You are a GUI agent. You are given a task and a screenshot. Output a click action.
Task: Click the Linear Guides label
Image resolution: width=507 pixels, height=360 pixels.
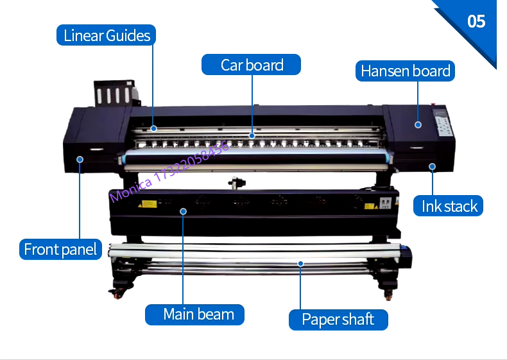[x=107, y=35]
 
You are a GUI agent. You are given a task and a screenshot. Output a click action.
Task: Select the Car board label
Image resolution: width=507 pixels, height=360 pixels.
[x=252, y=65]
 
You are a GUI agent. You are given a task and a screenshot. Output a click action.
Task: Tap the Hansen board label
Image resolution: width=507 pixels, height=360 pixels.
[x=405, y=71]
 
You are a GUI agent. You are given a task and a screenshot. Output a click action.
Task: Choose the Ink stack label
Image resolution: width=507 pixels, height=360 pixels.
[x=449, y=206]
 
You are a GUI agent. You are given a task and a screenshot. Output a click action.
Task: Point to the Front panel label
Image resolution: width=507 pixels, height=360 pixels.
[x=60, y=249]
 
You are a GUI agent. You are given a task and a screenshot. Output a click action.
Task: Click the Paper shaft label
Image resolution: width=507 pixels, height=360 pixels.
[x=337, y=320]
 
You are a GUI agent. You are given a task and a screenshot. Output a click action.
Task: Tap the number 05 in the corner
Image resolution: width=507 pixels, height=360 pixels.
[x=476, y=21]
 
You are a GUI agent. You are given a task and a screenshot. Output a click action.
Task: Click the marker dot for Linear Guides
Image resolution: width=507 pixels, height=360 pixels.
[x=154, y=128]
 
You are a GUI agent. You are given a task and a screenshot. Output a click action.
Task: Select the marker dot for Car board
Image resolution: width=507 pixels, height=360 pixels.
[x=252, y=135]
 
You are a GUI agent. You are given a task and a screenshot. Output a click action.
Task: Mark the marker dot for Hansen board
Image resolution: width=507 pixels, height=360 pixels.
[x=417, y=125]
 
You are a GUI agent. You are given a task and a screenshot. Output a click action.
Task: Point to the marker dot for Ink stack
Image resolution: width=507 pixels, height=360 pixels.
[x=433, y=167]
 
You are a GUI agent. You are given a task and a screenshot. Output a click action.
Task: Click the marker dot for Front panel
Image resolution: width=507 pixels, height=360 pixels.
[x=80, y=159]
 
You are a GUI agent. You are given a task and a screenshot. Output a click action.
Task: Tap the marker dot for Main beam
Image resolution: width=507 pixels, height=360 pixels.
[x=183, y=210]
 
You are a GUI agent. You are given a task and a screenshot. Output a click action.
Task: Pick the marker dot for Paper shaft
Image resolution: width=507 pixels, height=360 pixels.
[x=300, y=262]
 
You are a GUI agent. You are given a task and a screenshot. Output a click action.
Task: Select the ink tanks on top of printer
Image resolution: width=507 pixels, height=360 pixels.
[x=114, y=94]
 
